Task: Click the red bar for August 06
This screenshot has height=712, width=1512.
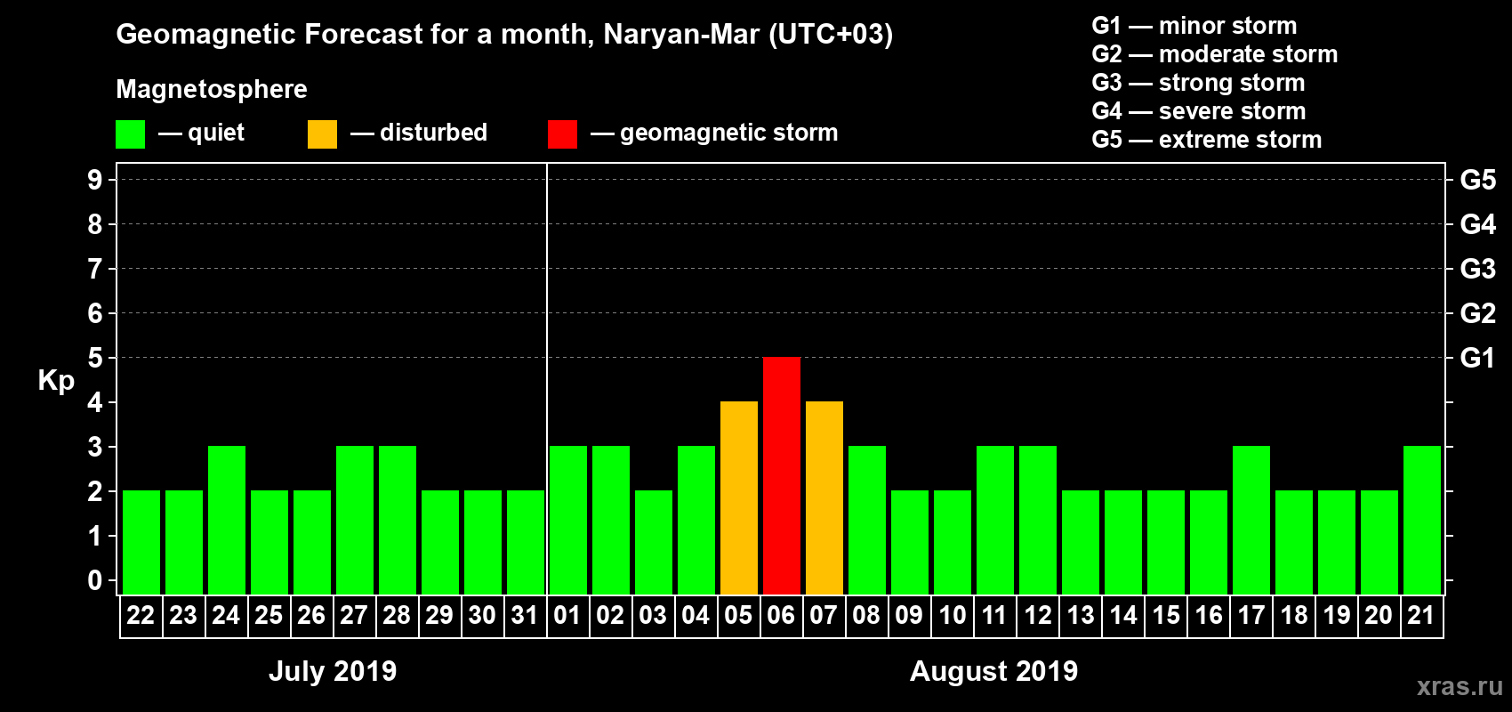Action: tap(782, 475)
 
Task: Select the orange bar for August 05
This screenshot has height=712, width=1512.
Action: tap(739, 498)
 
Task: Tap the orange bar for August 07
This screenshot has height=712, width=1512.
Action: tap(824, 498)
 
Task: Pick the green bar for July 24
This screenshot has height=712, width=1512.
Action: tap(227, 520)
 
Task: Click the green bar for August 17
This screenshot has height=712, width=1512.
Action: tap(1251, 520)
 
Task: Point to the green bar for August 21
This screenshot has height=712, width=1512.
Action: tap(1422, 520)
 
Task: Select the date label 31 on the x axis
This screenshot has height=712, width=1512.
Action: tap(525, 616)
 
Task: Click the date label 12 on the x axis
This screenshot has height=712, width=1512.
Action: tap(1037, 616)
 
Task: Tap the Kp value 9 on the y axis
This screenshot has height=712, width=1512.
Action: tap(95, 180)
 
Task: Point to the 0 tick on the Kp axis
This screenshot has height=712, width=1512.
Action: tap(95, 580)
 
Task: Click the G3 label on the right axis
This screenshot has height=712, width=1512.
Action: tap(1477, 269)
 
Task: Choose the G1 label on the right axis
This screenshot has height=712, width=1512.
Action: tap(1477, 358)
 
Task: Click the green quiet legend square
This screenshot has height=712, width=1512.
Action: tap(131, 134)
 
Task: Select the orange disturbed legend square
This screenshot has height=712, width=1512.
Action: tap(323, 134)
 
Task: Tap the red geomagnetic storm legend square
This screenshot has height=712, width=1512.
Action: tap(563, 134)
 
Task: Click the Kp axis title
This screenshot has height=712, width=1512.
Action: tap(56, 381)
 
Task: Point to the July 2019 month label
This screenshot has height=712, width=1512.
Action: tap(333, 671)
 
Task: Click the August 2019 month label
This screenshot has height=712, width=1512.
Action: tap(993, 671)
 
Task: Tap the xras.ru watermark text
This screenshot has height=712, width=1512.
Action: tap(1460, 686)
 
